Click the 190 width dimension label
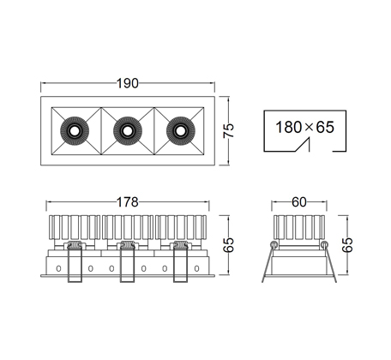[128, 83]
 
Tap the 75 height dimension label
[228, 130]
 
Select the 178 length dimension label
[128, 202]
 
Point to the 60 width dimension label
[299, 202]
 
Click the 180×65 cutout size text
[304, 127]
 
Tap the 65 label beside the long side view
[228, 245]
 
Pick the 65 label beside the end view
[347, 245]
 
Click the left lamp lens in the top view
[75, 131]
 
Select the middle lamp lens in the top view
[128, 131]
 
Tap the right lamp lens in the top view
[181, 131]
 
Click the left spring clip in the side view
[75, 262]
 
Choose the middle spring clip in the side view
[128, 262]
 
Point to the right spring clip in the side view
[180, 262]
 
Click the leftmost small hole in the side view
[58, 268]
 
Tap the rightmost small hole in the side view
[196, 268]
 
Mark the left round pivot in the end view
[274, 244]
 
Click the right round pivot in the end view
[324, 244]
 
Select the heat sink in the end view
[299, 227]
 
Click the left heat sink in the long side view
[75, 227]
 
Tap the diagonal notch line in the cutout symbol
[302, 145]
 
